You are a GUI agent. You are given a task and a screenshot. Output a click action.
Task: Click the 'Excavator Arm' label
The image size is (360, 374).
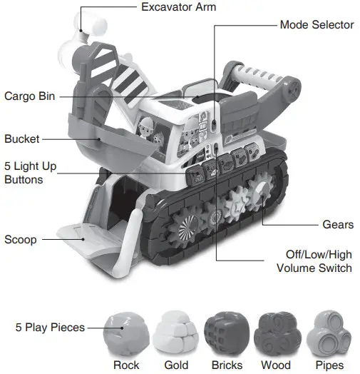(178, 7)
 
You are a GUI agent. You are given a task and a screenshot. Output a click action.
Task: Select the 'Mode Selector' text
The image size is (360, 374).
(316, 24)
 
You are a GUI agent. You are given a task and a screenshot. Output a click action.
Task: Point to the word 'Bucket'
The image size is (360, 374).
(22, 139)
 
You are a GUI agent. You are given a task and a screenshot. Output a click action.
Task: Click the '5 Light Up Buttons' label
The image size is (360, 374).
(30, 173)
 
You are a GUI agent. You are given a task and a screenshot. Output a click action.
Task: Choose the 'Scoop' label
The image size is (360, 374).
(21, 239)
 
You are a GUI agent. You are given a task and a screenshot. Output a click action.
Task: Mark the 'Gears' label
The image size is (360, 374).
(337, 224)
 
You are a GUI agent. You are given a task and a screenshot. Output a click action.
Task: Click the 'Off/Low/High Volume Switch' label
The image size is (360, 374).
(314, 261)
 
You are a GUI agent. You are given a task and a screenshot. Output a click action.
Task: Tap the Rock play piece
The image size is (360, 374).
(126, 330)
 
